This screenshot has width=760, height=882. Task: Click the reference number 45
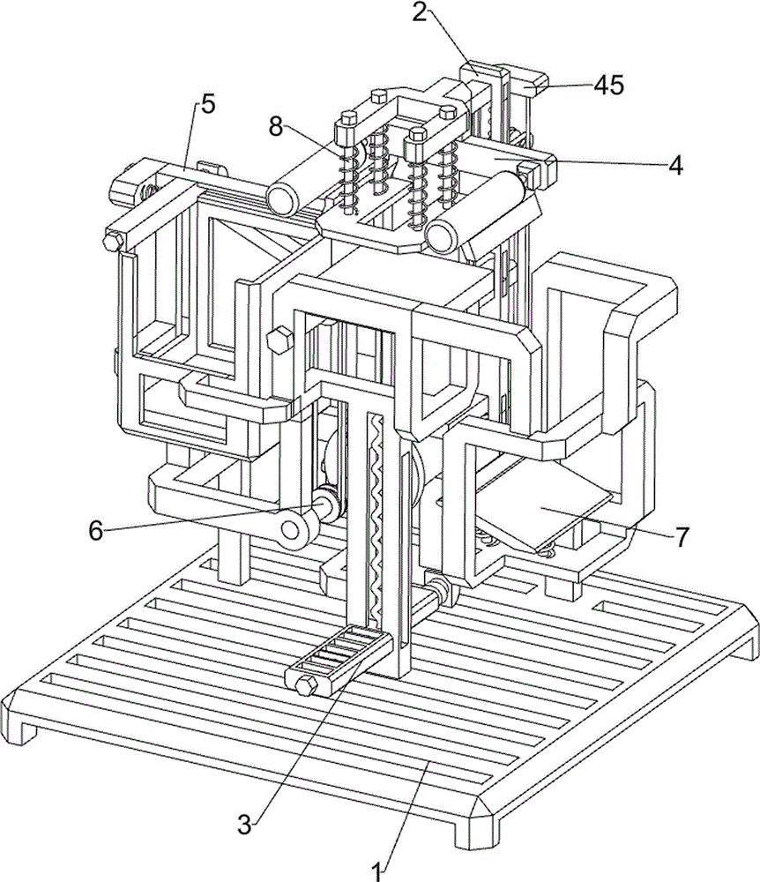pos(609,85)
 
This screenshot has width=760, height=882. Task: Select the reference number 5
pos(208,104)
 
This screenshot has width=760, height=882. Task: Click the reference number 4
pos(675,166)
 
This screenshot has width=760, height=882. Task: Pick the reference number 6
pos(96,530)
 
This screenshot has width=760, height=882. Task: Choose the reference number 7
pos(682,538)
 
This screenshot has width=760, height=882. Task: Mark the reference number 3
pos(244,826)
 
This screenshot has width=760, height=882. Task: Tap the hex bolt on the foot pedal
pos(304,685)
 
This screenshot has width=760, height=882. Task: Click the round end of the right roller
pos(442,235)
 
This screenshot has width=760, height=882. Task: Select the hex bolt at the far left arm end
pos(113,242)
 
